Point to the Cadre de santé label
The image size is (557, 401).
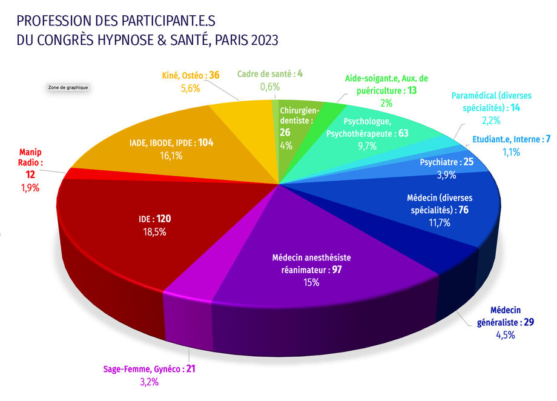270,74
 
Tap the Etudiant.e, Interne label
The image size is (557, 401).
511,140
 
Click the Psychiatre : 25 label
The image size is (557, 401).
446,162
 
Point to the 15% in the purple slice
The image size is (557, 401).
312,282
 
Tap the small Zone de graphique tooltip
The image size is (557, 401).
68,87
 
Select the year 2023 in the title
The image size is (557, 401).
263,41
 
